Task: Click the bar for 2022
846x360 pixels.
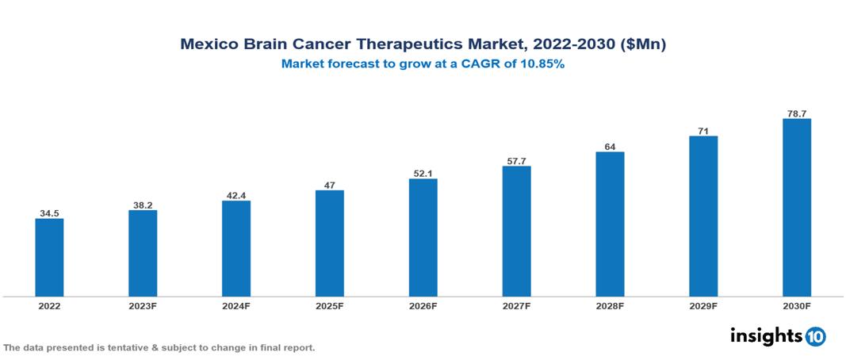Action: coord(49,258)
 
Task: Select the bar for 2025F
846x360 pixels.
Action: coord(329,243)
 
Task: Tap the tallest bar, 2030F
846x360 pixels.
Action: coord(796,208)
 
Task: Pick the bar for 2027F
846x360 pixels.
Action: coord(516,232)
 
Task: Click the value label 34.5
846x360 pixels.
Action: coord(49,213)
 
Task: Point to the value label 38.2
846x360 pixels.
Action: coord(143,205)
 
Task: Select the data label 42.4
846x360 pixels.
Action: coord(236,195)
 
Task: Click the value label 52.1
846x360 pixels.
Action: coord(423,173)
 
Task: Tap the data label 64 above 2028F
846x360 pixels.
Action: coord(610,146)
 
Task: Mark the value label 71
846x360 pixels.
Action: coord(703,130)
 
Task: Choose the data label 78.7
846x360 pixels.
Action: coord(796,113)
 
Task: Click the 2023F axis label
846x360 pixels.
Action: coord(143,306)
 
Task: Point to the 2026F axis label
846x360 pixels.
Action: coord(423,306)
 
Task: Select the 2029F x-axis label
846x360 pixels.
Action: coord(703,306)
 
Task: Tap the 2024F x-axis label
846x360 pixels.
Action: coord(236,306)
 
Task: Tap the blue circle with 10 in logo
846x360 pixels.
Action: coord(815,336)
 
